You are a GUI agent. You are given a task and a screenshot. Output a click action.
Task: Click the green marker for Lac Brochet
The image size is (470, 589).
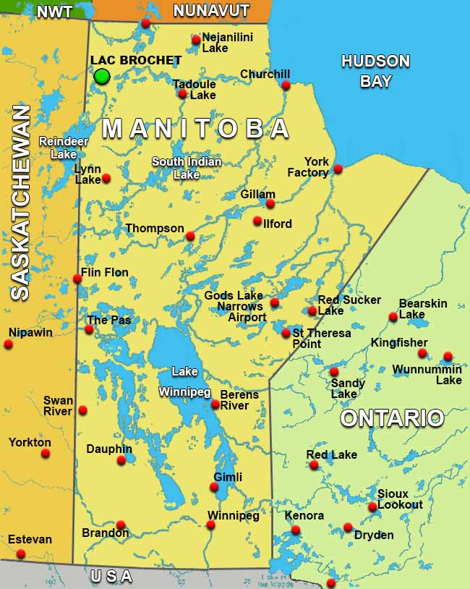tap(102, 76)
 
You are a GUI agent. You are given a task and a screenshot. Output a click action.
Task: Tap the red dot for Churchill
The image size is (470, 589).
tap(286, 85)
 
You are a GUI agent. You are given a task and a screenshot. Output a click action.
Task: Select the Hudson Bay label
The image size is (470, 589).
tap(375, 71)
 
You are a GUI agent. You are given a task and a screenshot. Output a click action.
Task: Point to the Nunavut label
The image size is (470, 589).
tap(211, 11)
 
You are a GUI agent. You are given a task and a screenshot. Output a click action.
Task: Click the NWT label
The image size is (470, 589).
tap(54, 12)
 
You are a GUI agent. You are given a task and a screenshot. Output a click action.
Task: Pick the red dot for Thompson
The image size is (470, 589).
tap(190, 236)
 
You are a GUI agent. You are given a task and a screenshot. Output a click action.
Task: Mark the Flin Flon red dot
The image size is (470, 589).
tap(77, 279)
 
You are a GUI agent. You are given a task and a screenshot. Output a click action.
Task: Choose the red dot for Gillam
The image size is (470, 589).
tap(270, 203)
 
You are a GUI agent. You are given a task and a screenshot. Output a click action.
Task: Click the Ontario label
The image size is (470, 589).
tap(392, 418)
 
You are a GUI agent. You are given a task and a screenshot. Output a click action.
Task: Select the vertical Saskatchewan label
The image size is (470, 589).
tap(20, 203)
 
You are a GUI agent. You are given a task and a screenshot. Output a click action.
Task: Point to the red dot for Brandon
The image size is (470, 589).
tap(121, 525)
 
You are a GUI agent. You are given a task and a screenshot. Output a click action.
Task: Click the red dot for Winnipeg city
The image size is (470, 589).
tap(210, 525)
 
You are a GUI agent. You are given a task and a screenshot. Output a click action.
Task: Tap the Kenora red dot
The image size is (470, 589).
tap(295, 530)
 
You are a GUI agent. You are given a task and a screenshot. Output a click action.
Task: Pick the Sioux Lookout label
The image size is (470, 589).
tap(399, 499)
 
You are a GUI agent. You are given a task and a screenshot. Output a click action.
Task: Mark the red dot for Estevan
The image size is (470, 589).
tap(20, 554)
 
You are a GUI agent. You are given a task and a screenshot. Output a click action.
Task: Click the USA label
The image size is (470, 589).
tap(111, 577)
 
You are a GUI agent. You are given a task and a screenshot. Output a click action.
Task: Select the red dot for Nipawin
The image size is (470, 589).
tap(8, 344)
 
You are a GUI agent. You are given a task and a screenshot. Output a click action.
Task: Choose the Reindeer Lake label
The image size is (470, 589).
tap(58, 148)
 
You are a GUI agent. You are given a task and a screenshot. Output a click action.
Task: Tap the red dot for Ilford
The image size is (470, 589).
tap(257, 221)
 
